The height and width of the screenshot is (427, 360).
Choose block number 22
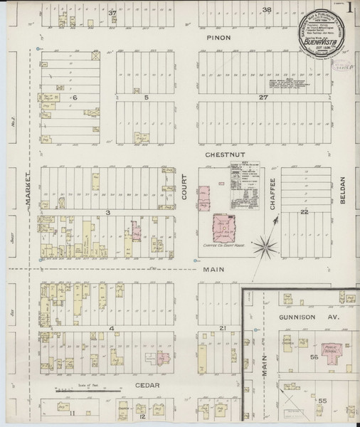pyautogui.click(x=304, y=212)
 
